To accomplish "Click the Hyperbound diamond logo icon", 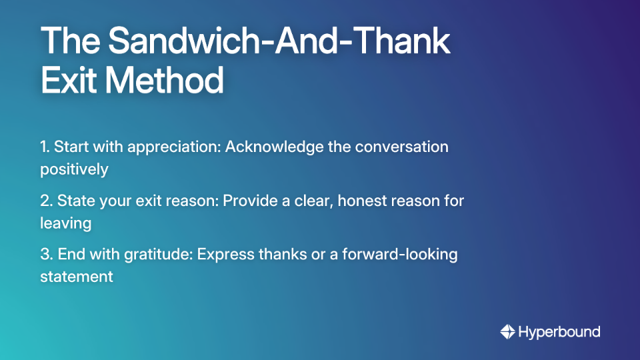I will pos(507,331).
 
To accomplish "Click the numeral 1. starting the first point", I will pos(45,147).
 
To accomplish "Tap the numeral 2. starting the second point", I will pos(46,200).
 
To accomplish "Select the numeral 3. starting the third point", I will pos(46,254).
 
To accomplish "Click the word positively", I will pos(74,169).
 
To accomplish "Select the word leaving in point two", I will pos(65,223).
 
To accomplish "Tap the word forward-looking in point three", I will pos(404,254).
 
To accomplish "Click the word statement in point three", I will pos(76,276).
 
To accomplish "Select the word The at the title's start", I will pos(70,41).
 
